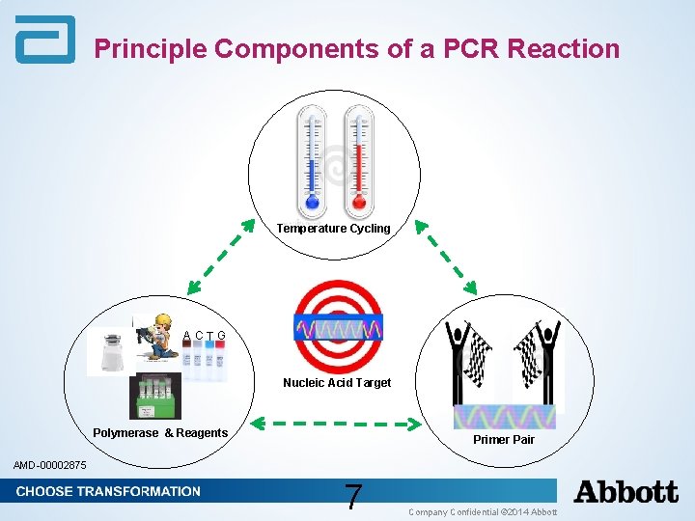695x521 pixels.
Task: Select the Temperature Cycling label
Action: click(x=333, y=229)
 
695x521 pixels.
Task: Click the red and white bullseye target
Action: click(x=338, y=326)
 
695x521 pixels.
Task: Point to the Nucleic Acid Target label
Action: click(x=337, y=383)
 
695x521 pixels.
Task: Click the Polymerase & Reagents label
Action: click(x=160, y=433)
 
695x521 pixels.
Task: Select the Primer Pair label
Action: click(x=503, y=440)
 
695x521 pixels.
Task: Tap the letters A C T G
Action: click(x=205, y=336)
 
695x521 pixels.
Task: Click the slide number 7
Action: click(x=354, y=497)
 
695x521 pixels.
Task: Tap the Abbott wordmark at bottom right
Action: click(x=625, y=492)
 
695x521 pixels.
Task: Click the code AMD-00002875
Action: click(x=49, y=466)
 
